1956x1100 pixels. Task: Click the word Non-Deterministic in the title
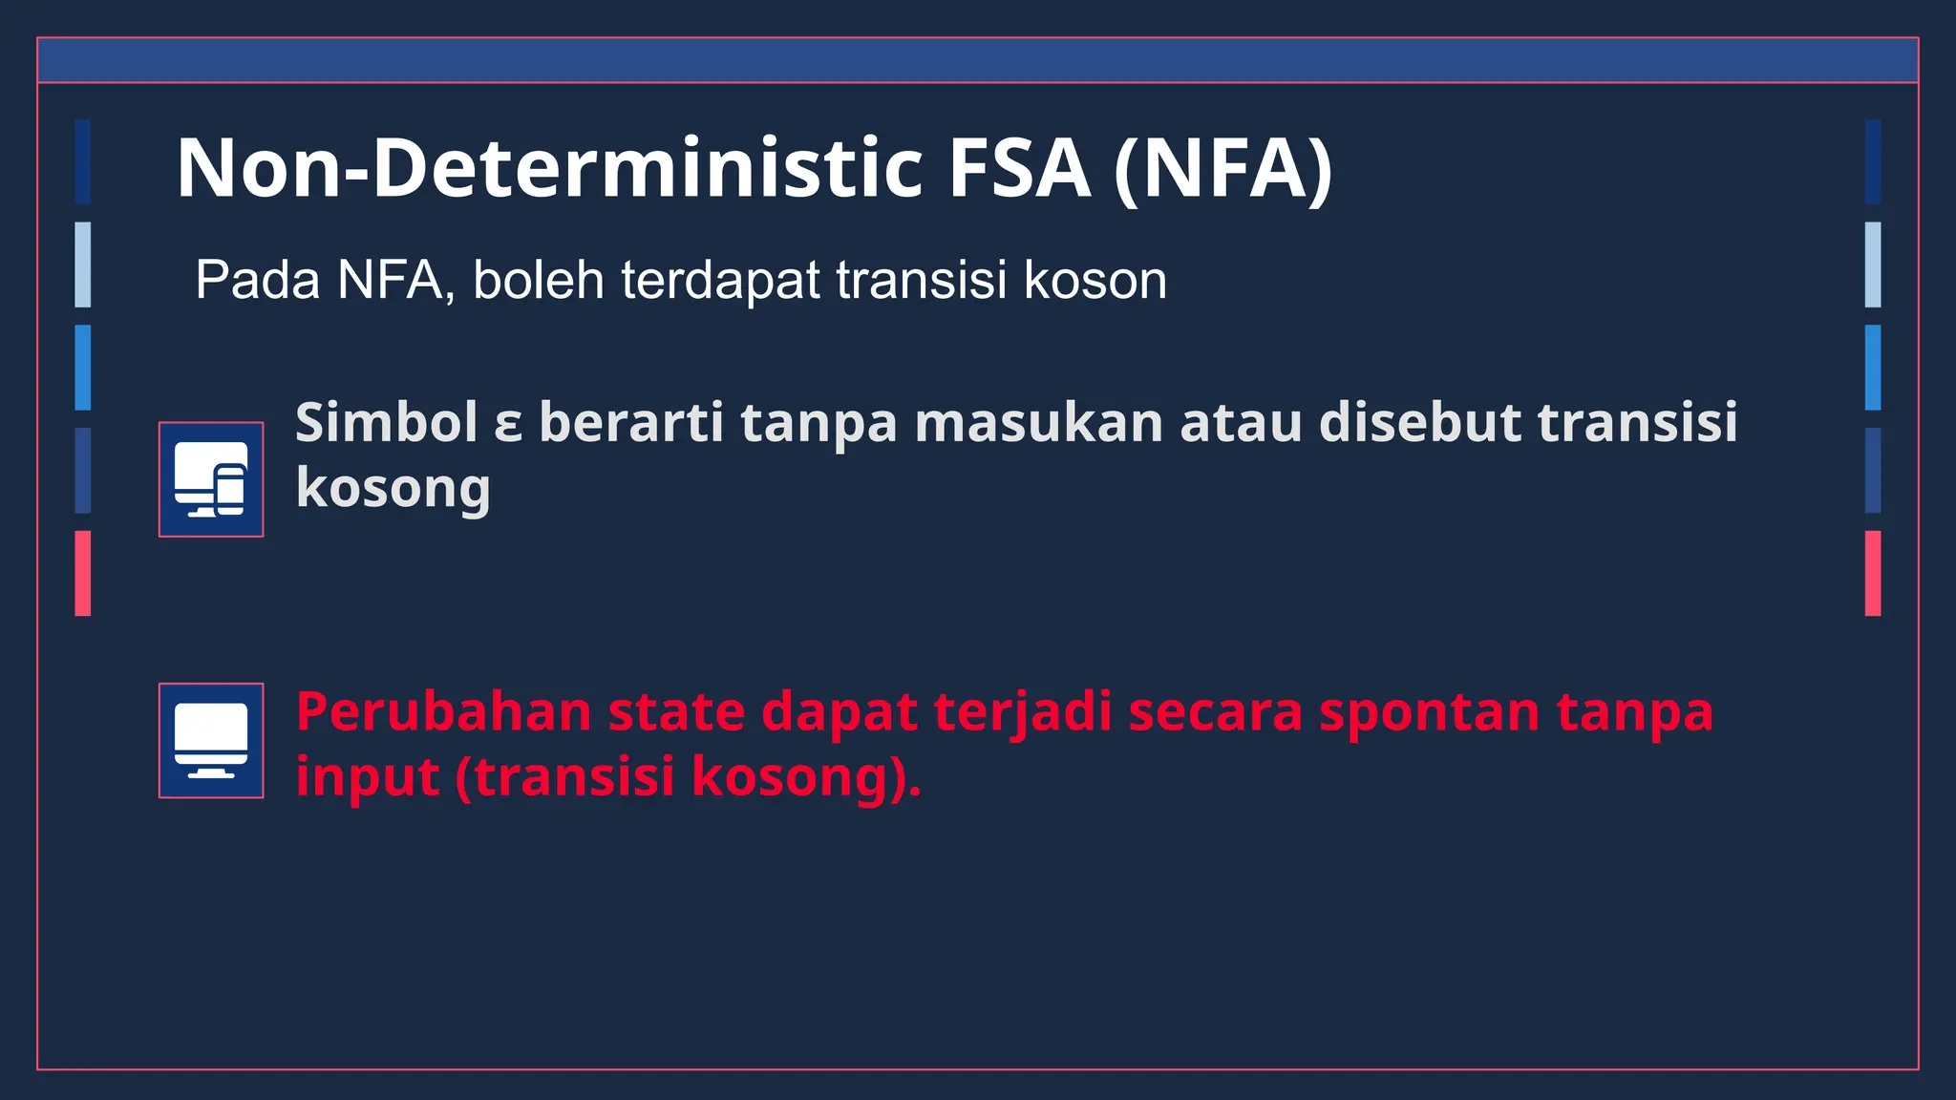pyautogui.click(x=548, y=168)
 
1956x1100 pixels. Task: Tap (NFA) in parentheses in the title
pyautogui.click(x=1223, y=168)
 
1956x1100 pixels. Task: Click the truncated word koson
pyautogui.click(x=1095, y=281)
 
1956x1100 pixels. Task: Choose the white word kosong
pyautogui.click(x=393, y=489)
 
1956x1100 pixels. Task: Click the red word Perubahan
pyautogui.click(x=443, y=712)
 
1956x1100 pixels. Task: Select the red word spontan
pyautogui.click(x=1429, y=714)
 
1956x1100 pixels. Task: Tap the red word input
pyautogui.click(x=367, y=777)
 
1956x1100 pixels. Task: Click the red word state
pyautogui.click(x=676, y=712)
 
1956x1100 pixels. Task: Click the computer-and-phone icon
pyautogui.click(x=211, y=479)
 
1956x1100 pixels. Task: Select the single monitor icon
pyautogui.click(x=211, y=740)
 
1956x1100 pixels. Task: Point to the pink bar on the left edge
pyautogui.click(x=83, y=573)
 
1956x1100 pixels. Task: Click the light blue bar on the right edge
pyautogui.click(x=1873, y=264)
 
